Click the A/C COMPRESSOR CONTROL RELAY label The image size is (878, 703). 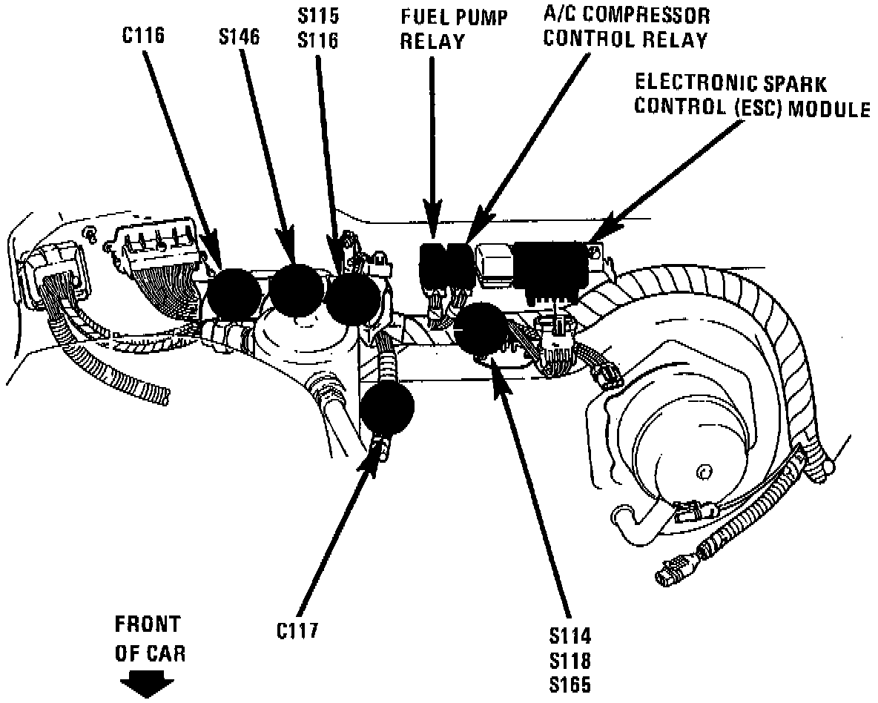(x=627, y=27)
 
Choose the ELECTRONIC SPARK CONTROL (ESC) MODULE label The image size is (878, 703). (x=751, y=96)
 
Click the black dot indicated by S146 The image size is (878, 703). (x=296, y=288)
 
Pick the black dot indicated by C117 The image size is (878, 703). (x=387, y=409)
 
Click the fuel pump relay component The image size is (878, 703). (x=432, y=265)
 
